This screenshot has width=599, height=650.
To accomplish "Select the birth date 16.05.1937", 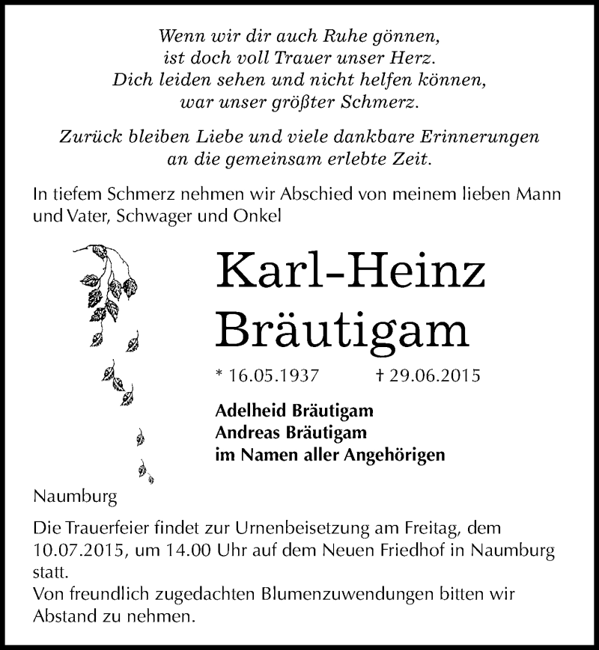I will (x=264, y=376).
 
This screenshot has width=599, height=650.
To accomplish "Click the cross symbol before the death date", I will (x=383, y=376).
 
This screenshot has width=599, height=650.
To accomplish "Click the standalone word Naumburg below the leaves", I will (x=75, y=496).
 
